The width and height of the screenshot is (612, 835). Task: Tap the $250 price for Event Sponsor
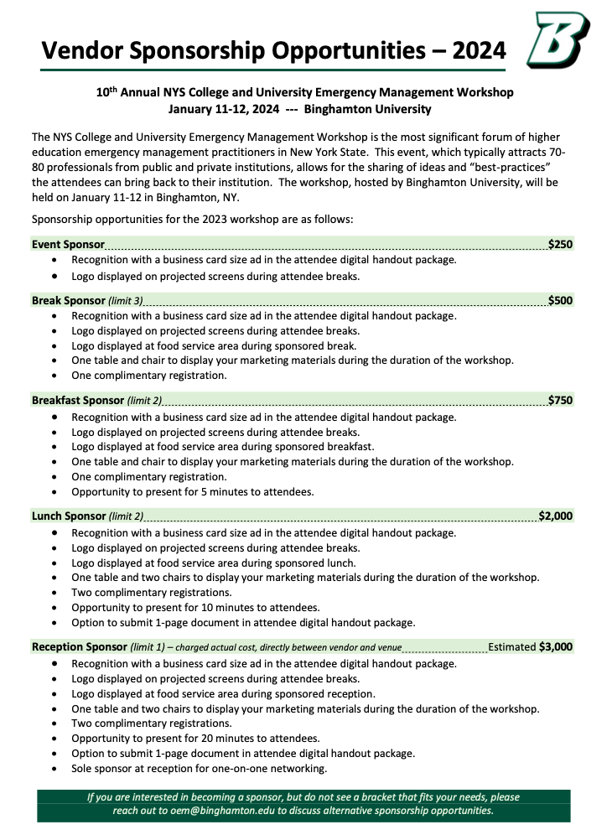[x=560, y=244]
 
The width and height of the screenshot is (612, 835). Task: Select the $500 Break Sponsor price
[x=560, y=300]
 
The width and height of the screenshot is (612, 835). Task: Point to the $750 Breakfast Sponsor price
[x=560, y=400]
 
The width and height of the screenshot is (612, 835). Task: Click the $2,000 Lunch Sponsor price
[x=555, y=516]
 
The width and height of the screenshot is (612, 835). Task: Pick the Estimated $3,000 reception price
[x=530, y=646]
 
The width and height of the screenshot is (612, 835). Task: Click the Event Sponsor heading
[x=68, y=245]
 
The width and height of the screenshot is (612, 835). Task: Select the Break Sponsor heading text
[x=69, y=300]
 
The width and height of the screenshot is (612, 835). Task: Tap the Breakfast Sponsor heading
[x=78, y=401]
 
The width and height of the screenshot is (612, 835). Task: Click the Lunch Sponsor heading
[x=69, y=516]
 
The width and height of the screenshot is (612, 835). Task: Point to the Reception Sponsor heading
[x=79, y=647]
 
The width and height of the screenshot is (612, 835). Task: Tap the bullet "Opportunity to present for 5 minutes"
[x=192, y=491]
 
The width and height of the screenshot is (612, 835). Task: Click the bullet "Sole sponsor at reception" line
[x=199, y=768]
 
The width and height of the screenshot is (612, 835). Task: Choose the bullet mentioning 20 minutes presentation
[x=195, y=738]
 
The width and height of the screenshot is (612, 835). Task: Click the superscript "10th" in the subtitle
[x=104, y=91]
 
